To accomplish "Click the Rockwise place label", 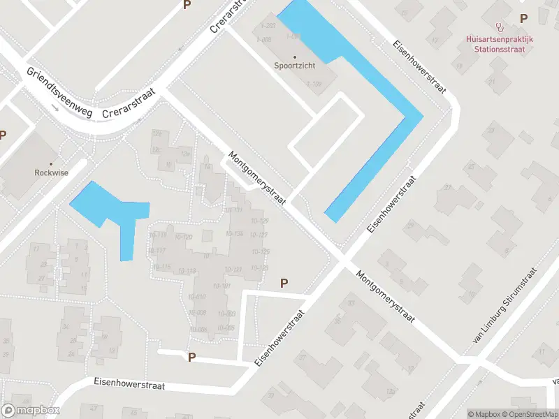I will [x=52, y=172].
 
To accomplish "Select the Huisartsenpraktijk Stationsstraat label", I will [x=499, y=44].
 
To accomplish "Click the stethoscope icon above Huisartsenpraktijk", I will [x=499, y=27].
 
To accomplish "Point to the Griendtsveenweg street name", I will [x=59, y=93].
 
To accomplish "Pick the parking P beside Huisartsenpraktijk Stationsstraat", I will [x=523, y=18].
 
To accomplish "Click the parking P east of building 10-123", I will [x=284, y=283].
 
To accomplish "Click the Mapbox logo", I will [x=30, y=411].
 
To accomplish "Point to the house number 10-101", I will [x=222, y=286].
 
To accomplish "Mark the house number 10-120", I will [x=183, y=237].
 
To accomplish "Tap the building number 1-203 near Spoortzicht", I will [x=266, y=26].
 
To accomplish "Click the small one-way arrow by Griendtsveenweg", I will [x=55, y=108].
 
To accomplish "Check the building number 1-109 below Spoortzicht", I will [x=314, y=84].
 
